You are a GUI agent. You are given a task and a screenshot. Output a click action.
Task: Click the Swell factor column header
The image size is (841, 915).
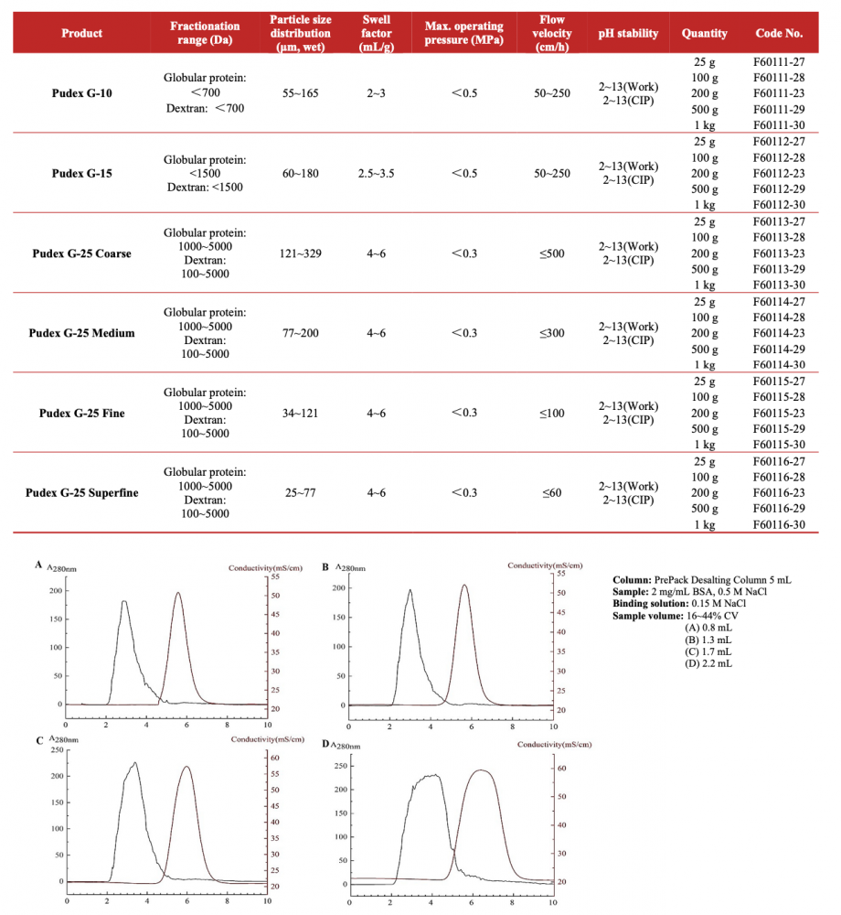376,33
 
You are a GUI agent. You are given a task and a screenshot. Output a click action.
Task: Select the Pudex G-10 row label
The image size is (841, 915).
82,93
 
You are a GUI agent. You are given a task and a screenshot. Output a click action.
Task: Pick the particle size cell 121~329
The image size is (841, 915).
302,253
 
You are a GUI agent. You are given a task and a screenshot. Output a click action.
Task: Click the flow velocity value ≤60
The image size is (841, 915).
551,493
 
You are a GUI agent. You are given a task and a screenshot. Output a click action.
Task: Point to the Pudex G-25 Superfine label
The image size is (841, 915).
82,493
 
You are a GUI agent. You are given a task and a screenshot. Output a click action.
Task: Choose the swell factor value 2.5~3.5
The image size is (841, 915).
376,173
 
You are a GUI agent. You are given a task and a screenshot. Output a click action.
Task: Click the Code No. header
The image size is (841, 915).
779,33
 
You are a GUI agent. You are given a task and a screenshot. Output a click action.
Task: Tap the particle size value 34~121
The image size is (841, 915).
302,413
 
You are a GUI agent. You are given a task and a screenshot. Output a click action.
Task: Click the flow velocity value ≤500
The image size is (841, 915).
551,253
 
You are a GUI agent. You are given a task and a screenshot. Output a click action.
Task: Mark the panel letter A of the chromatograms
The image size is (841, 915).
38,565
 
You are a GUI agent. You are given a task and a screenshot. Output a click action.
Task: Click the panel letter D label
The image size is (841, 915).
326,744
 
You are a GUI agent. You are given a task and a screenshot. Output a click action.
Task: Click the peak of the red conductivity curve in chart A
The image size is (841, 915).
178,593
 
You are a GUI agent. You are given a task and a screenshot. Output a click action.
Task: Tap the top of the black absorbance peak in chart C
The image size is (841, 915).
134,763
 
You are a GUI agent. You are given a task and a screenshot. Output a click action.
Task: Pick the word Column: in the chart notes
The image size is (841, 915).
633,580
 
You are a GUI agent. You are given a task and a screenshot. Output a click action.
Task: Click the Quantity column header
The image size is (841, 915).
704,33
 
